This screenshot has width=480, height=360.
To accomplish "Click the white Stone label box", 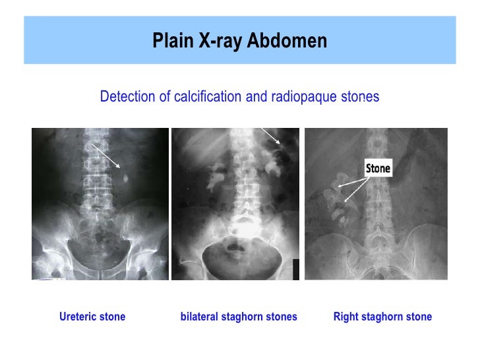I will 378,168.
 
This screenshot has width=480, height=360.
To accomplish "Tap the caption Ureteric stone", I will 92,317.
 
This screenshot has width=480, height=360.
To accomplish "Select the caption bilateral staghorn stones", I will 239,317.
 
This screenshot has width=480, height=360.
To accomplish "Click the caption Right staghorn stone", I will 382,317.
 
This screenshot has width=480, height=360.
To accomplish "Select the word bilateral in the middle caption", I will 198,317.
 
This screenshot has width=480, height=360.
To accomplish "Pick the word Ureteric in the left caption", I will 78,317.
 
